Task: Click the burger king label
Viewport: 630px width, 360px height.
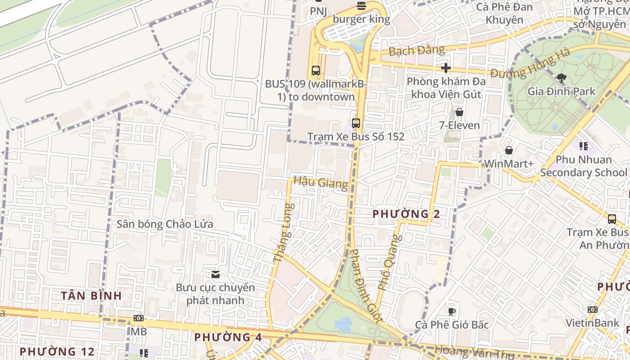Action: click(x=361, y=19)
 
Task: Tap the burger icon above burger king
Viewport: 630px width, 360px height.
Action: click(x=361, y=6)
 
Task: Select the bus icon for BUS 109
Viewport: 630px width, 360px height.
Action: click(x=315, y=70)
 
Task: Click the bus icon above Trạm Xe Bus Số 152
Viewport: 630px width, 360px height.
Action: click(x=355, y=123)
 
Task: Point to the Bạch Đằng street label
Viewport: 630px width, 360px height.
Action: click(x=416, y=50)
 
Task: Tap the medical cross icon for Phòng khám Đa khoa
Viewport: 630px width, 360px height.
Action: click(x=446, y=68)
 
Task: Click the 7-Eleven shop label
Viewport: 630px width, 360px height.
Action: click(x=459, y=125)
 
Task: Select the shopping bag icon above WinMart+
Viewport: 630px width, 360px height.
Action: click(x=508, y=150)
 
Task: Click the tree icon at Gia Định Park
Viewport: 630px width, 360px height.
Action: click(x=561, y=78)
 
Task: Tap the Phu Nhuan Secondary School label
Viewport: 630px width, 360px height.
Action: click(x=583, y=166)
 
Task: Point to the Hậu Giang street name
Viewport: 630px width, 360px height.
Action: click(x=320, y=183)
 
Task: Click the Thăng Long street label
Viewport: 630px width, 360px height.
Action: click(x=283, y=233)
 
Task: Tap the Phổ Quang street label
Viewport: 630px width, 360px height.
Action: click(x=389, y=262)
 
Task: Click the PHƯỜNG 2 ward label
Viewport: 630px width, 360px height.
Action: click(x=406, y=214)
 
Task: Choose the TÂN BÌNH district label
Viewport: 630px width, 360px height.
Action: click(x=91, y=296)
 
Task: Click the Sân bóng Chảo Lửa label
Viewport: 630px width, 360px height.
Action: click(x=165, y=224)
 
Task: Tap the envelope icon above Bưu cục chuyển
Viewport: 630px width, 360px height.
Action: click(x=215, y=274)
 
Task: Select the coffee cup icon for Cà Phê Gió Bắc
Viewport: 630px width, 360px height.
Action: click(x=451, y=311)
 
